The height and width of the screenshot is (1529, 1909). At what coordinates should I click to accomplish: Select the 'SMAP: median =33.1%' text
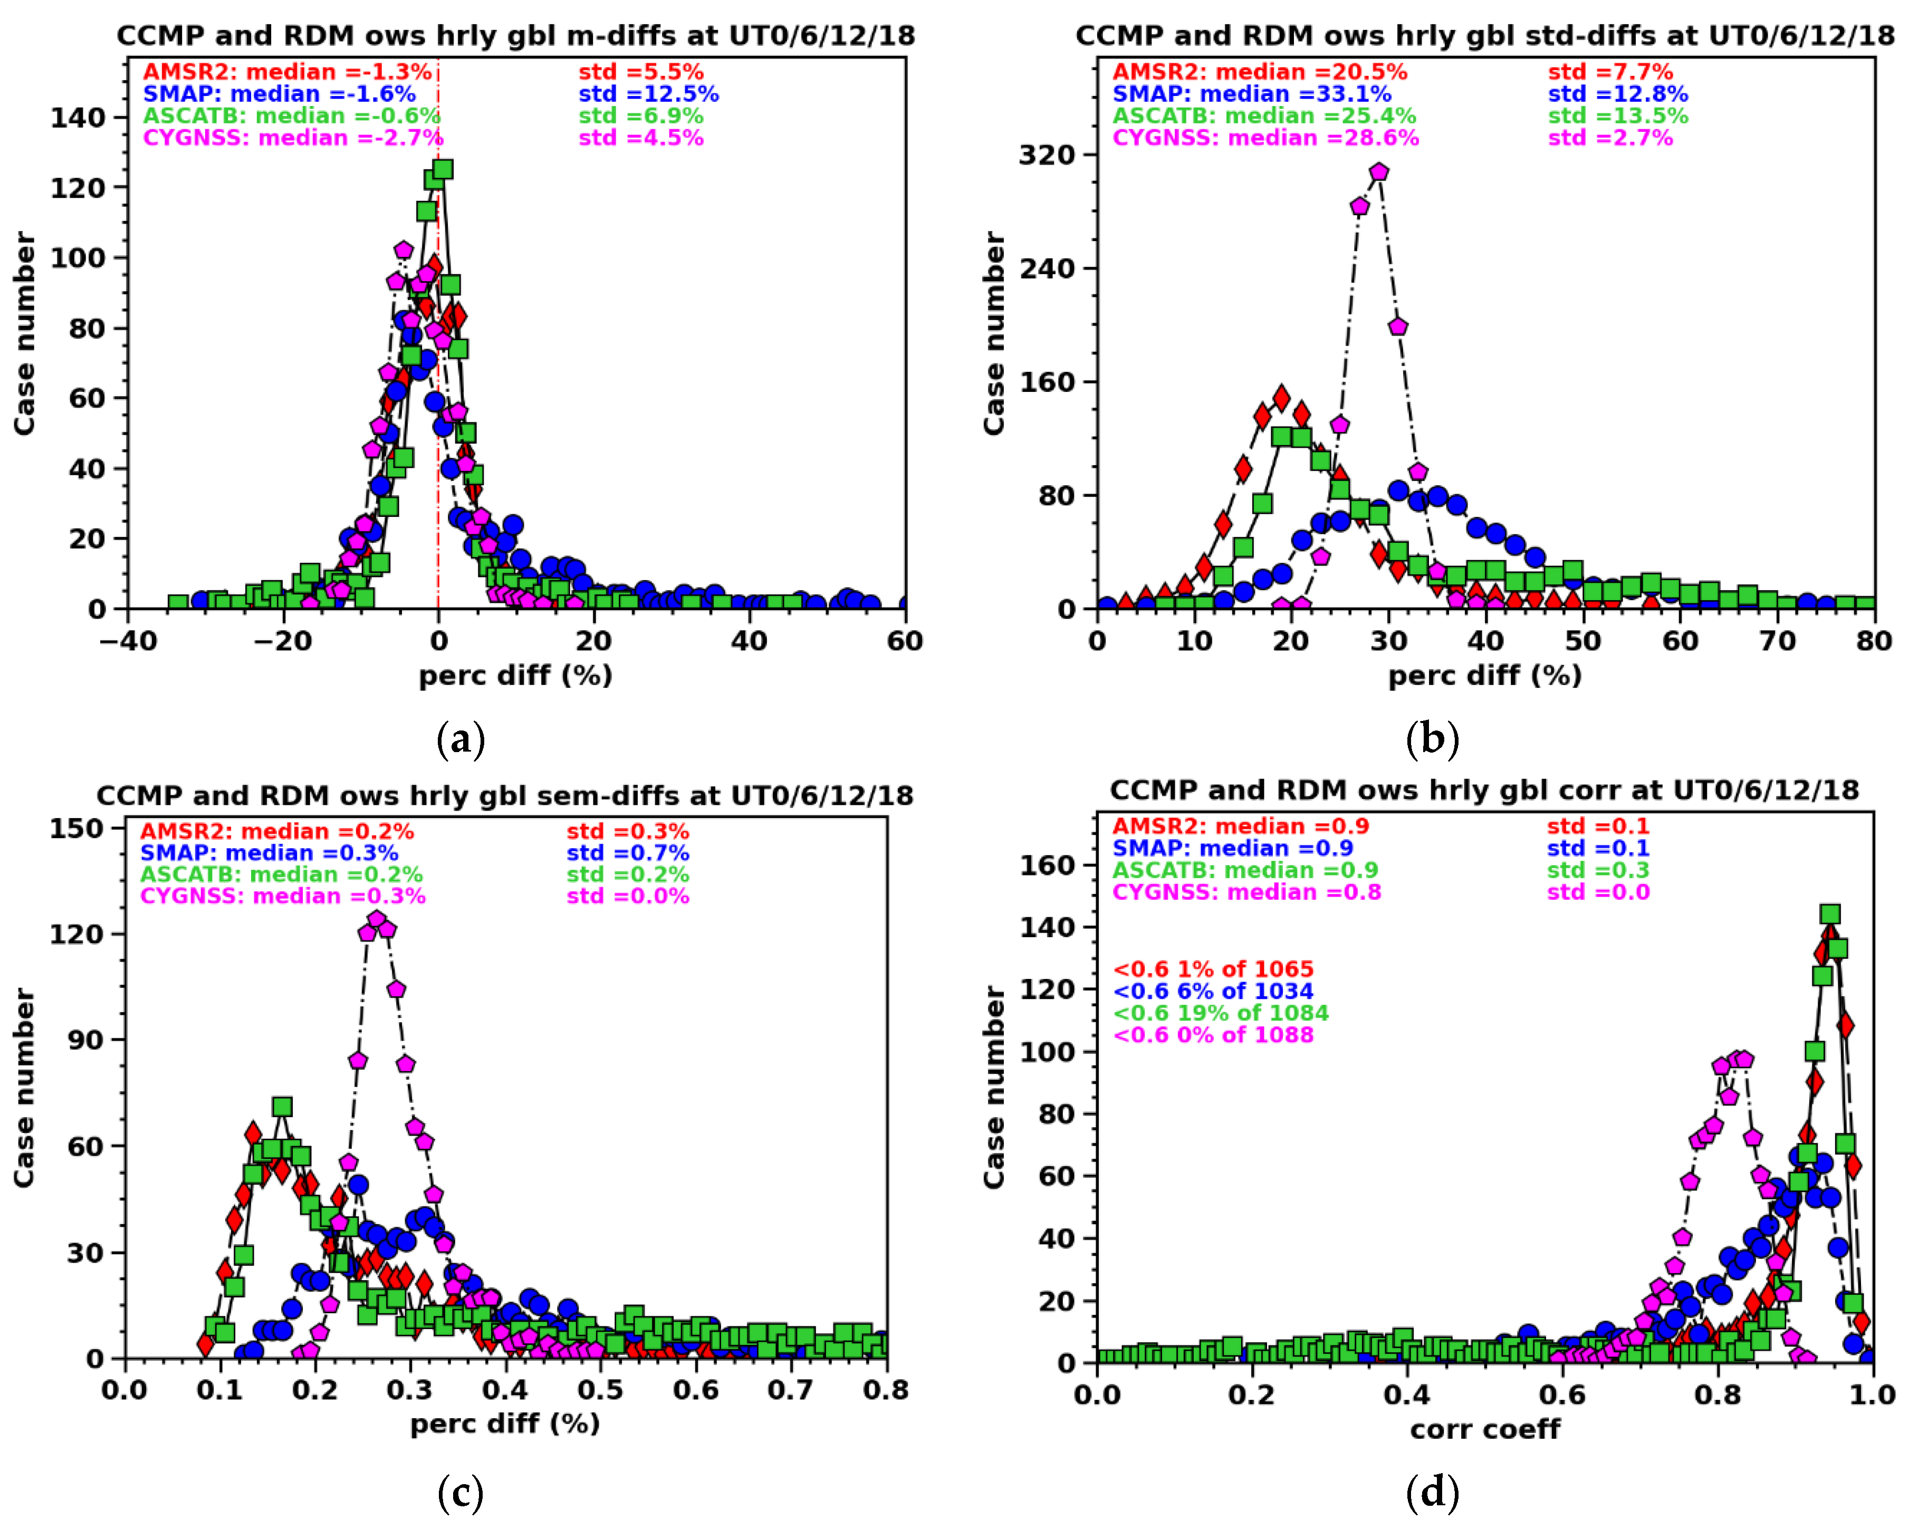tap(1251, 94)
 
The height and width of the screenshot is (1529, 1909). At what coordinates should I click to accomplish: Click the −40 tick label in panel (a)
tap(128, 641)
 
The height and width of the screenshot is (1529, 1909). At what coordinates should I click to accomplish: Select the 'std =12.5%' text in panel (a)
tap(648, 94)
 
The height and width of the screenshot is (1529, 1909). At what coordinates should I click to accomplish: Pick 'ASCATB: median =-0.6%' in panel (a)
tap(291, 116)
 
